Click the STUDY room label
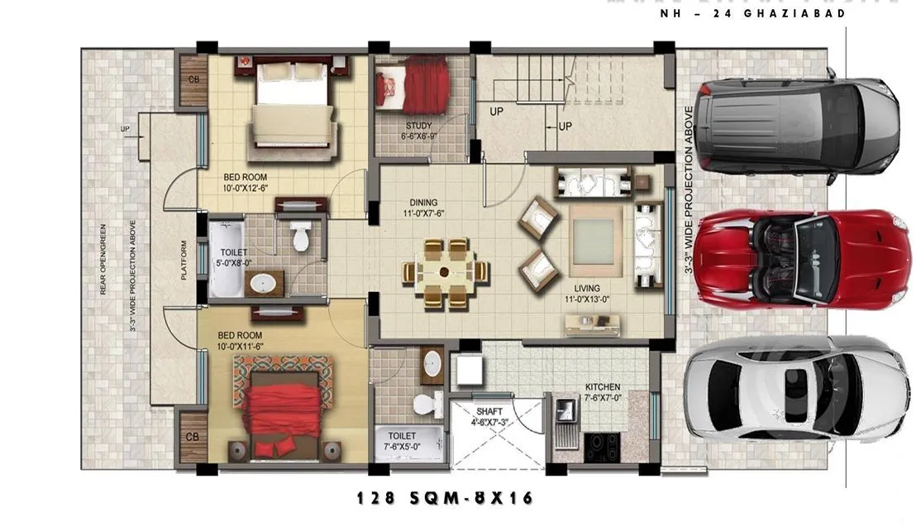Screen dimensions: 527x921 point(418,126)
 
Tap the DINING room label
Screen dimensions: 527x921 point(423,202)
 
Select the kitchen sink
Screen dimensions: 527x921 point(567,410)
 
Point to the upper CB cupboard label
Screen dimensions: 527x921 point(193,80)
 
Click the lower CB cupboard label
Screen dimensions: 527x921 point(192,436)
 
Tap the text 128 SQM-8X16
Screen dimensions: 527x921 point(445,498)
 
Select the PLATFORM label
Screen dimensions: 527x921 point(184,260)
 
